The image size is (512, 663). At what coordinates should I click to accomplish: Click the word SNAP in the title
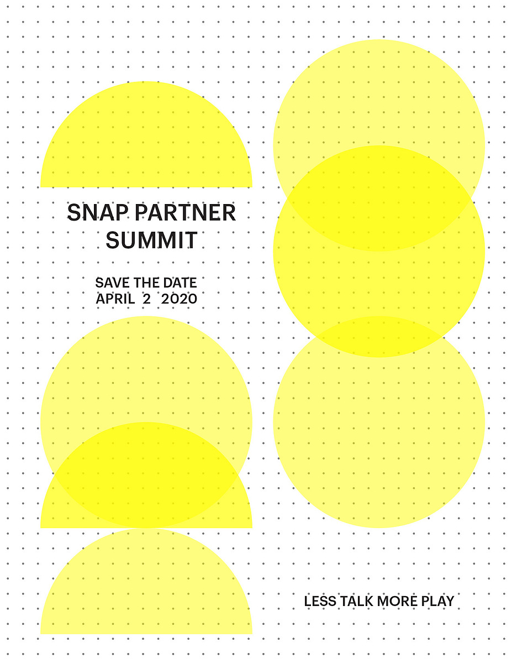[98, 212]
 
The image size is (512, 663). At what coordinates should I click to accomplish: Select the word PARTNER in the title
[185, 212]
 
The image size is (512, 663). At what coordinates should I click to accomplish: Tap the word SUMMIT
[152, 240]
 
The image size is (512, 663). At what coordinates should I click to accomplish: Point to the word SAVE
[112, 283]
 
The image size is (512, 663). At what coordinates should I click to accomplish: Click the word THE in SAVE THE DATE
[146, 283]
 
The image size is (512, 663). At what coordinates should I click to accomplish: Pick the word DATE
[180, 283]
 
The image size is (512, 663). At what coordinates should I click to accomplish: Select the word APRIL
[115, 299]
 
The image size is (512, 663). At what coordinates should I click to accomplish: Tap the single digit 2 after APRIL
[146, 299]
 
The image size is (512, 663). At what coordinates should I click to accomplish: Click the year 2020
[179, 299]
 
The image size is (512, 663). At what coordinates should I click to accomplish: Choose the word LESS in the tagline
[320, 601]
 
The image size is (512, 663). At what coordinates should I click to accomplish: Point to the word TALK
[357, 601]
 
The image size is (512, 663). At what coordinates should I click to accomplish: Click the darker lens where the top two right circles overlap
[379, 199]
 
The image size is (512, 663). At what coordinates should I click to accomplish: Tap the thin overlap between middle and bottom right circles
[379, 337]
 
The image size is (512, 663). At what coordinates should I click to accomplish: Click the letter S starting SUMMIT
[113, 240]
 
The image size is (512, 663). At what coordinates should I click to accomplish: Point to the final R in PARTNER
[229, 212]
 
